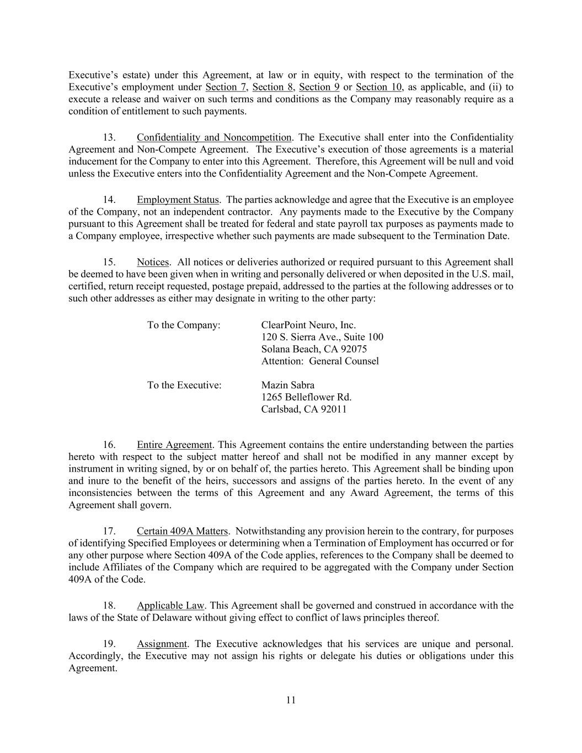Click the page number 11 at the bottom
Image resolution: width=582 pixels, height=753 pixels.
tap(291, 700)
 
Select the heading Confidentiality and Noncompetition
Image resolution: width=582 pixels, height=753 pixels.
tap(213, 137)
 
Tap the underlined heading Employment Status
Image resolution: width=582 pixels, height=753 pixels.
tap(178, 200)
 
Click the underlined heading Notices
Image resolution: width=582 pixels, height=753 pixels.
tap(152, 262)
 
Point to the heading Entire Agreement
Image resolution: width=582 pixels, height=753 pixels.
tap(174, 445)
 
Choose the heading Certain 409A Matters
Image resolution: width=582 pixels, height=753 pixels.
tap(182, 531)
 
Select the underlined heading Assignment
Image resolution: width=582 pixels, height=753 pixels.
tap(162, 644)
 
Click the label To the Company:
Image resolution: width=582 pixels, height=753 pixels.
tap(184, 325)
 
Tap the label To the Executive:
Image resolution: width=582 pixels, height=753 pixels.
tap(184, 385)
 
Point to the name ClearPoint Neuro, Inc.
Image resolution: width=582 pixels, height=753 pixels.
tap(308, 325)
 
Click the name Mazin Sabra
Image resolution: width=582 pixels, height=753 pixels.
tap(287, 385)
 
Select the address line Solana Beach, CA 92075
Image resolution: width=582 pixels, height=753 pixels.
tap(314, 349)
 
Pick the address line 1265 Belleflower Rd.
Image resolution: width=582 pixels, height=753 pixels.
tap(306, 397)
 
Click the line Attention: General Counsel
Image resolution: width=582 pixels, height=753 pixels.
tap(320, 361)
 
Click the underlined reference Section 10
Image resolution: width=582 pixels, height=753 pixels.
tap(378, 87)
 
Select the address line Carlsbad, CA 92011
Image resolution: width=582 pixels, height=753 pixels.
tap(304, 409)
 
